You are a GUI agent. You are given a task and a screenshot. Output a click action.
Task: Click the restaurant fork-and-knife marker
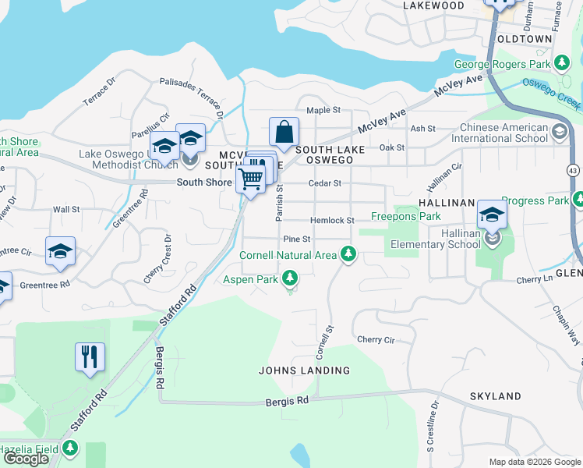coord(90,357)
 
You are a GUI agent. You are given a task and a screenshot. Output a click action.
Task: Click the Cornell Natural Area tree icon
coord(348,254)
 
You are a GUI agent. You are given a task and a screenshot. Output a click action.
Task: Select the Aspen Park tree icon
coord(290,278)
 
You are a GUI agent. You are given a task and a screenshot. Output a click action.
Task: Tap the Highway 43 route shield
coord(574,168)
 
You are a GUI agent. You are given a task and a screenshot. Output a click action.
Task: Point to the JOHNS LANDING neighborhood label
coord(304,370)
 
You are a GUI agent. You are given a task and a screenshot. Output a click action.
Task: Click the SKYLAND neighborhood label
coord(495,396)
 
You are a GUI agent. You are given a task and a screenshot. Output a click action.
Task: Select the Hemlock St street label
coord(333,221)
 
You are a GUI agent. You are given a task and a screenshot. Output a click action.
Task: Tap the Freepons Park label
coord(405,216)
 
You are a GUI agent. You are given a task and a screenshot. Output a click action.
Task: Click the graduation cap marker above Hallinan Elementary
coord(492,214)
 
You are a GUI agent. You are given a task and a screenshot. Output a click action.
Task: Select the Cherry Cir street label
coord(376,339)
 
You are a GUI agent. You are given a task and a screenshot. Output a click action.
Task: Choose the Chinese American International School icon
coord(559,132)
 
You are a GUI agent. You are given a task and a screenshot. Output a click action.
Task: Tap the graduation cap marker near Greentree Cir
coord(60,251)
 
